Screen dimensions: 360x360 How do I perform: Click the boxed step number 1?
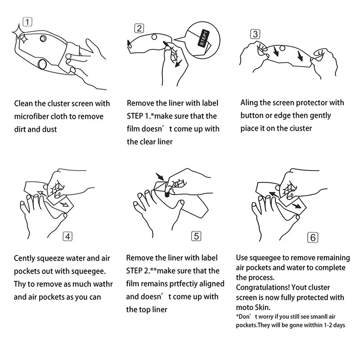coord(27,22)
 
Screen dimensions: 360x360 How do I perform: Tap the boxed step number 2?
coord(139,28)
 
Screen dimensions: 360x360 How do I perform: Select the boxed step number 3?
coord(255,34)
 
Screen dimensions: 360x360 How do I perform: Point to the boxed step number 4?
coord(67,237)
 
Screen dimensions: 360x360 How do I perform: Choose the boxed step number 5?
coord(196,236)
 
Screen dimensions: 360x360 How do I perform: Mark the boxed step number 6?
coord(313,238)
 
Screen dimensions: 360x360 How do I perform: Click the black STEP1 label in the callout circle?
coord(204,38)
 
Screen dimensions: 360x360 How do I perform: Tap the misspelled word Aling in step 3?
coord(249,103)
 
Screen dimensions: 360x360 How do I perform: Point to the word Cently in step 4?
coord(24,258)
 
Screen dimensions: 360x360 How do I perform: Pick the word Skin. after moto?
coord(263,307)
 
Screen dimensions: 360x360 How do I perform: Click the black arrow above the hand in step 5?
coord(160,176)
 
